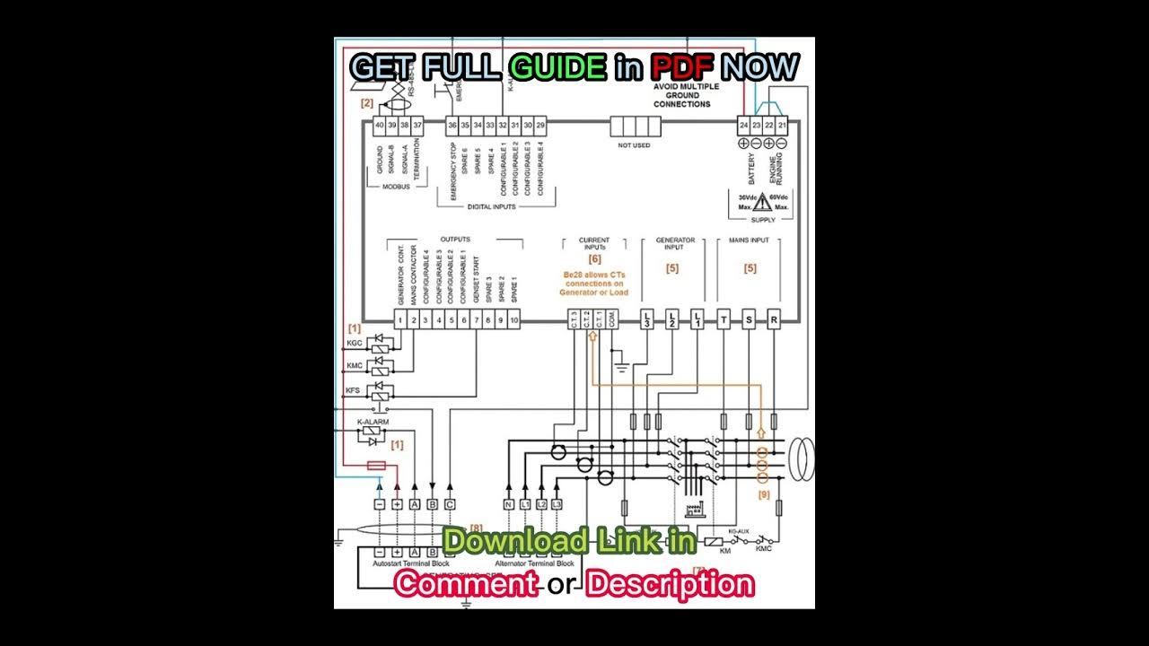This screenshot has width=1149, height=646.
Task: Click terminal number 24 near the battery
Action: pyautogui.click(x=744, y=125)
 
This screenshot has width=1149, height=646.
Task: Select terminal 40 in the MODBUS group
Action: pyautogui.click(x=380, y=125)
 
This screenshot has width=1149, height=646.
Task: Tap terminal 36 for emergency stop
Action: pyautogui.click(x=452, y=125)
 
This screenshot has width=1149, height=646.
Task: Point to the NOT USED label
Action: pyautogui.click(x=635, y=144)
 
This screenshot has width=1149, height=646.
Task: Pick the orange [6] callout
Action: pyautogui.click(x=594, y=258)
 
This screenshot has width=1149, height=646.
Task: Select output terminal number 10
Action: pyautogui.click(x=513, y=319)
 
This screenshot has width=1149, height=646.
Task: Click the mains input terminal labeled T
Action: pyautogui.click(x=724, y=319)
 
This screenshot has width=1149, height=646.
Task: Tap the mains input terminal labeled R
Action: pyautogui.click(x=774, y=319)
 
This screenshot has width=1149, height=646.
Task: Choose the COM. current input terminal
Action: pyautogui.click(x=611, y=319)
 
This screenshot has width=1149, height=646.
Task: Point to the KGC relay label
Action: pyautogui.click(x=354, y=344)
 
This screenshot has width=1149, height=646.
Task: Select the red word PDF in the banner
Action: pyautogui.click(x=682, y=66)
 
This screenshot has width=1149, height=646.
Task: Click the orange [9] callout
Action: pyautogui.click(x=764, y=493)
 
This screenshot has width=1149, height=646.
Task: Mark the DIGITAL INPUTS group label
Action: pyautogui.click(x=492, y=206)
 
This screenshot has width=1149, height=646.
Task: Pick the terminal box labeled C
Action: pyautogui.click(x=450, y=504)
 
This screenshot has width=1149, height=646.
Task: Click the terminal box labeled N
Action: pyautogui.click(x=508, y=504)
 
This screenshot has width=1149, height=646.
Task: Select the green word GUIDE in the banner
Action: pyautogui.click(x=557, y=66)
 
